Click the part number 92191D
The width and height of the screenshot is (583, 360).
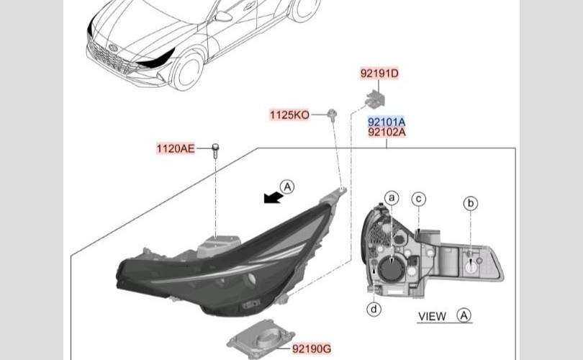coord(379,73)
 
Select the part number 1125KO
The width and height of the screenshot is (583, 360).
coord(289,115)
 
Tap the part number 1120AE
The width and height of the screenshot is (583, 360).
coord(176,149)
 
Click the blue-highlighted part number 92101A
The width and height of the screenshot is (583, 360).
coord(387,122)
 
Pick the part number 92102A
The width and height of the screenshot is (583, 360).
coord(387,132)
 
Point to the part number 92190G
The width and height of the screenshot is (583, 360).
coord(312,349)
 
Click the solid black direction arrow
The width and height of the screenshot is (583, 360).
coord(274,198)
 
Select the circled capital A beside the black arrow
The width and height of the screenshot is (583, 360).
coord(287,186)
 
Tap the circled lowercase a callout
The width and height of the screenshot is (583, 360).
coord(392,198)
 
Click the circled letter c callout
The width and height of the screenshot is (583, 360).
coord(419,199)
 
